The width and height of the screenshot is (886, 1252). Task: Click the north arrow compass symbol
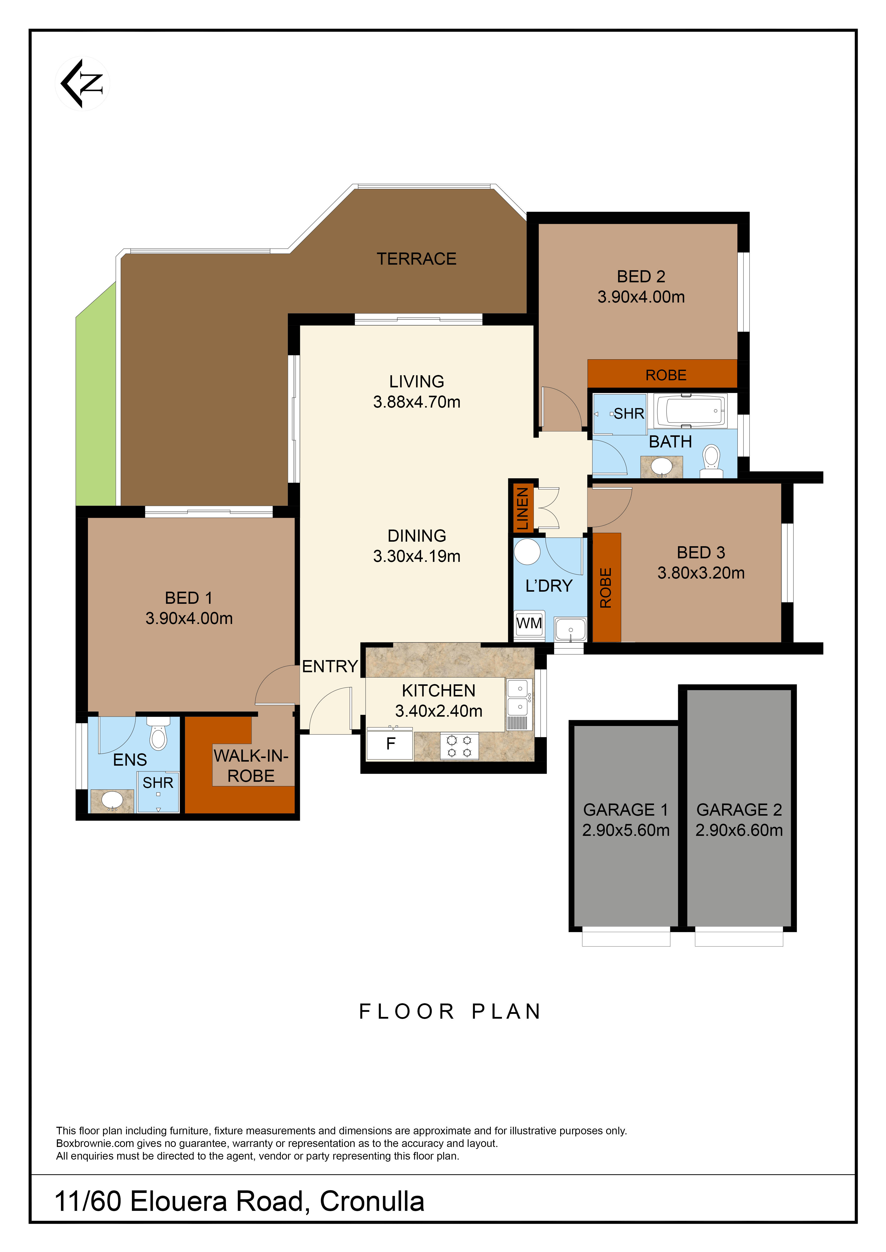(82, 83)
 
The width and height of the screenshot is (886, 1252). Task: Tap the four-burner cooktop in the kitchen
(459, 746)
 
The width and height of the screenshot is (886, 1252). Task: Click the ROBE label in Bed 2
(666, 375)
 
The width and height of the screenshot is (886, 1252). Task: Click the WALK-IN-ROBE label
(251, 766)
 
